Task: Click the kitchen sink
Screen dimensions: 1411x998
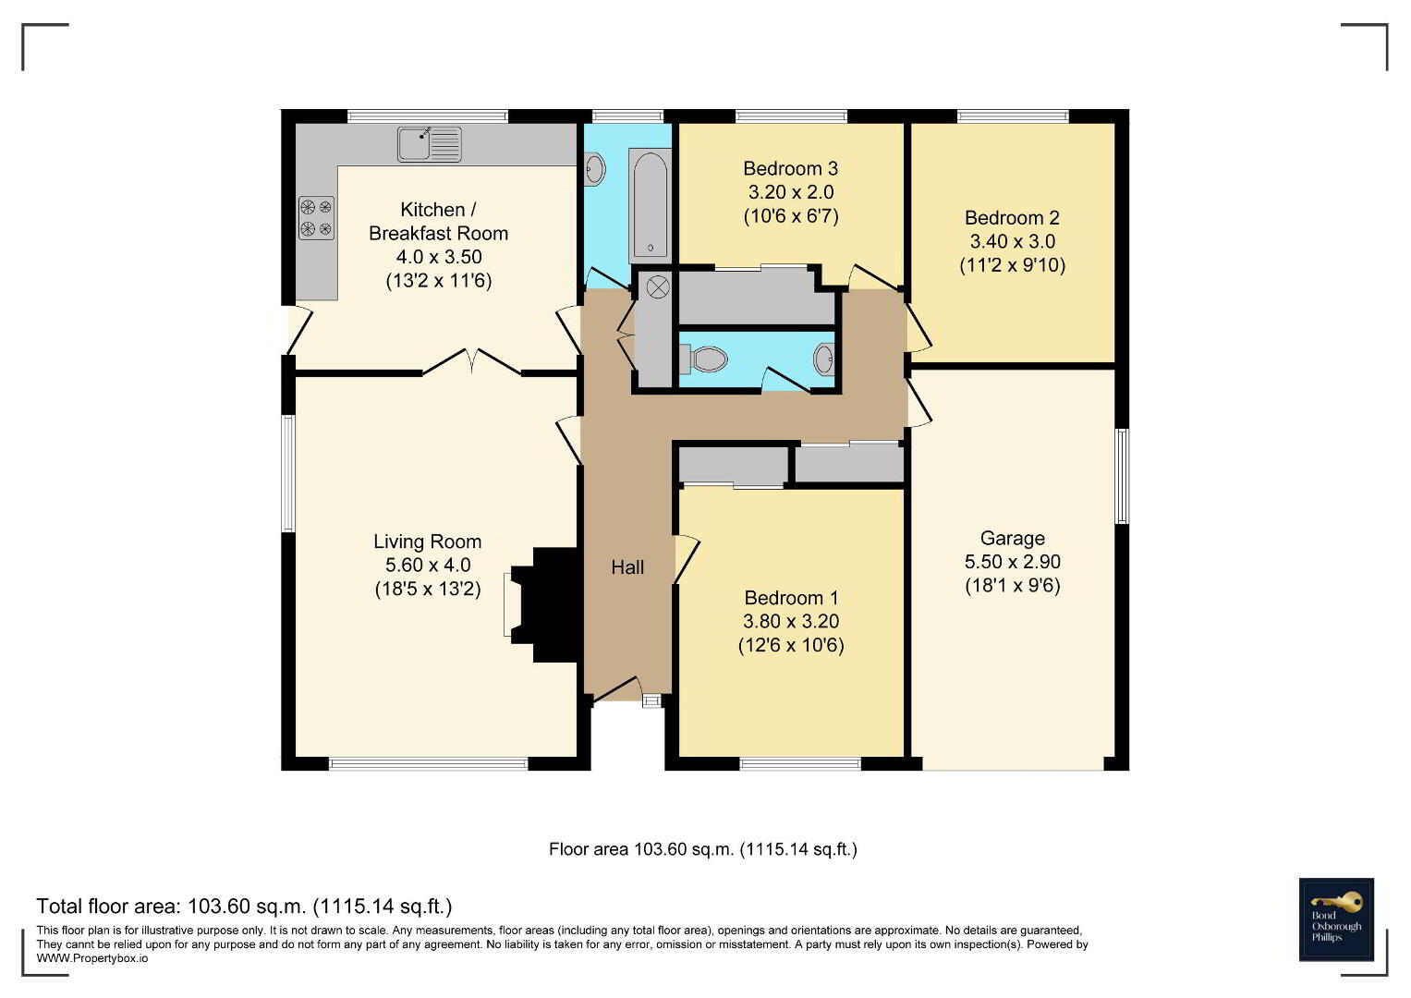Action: [429, 143]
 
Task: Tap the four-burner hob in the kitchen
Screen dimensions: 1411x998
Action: [316, 217]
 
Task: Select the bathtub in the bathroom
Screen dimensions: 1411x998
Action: [651, 204]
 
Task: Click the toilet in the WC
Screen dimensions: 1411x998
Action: [703, 359]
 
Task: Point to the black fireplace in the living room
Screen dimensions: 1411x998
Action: [547, 604]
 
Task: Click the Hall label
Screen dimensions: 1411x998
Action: [627, 567]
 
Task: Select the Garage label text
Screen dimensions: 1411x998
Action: [1012, 538]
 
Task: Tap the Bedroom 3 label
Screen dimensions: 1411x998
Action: [791, 168]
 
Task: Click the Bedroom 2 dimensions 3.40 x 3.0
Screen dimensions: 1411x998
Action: [1012, 241]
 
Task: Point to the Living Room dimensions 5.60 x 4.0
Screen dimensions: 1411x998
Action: [428, 566]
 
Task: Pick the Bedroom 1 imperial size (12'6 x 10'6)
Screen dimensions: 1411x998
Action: [791, 645]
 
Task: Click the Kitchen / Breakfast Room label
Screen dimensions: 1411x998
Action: [438, 221]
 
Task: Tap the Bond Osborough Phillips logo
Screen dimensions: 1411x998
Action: [1336, 919]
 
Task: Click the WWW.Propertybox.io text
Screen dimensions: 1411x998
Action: [92, 958]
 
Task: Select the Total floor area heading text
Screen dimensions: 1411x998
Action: [244, 907]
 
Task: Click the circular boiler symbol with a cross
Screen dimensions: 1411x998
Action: [658, 287]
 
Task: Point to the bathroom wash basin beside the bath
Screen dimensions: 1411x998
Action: [594, 169]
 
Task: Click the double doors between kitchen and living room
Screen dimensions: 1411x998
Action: [472, 362]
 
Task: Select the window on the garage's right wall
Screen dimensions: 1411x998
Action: [1122, 476]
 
